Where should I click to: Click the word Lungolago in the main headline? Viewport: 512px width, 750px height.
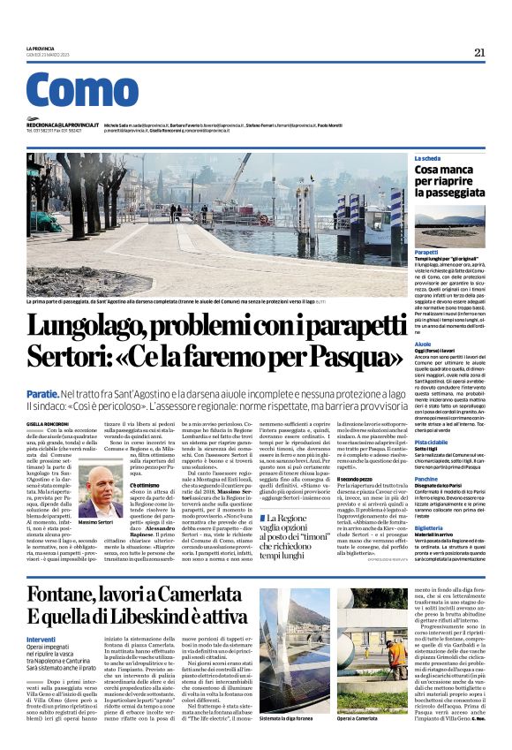[x=102, y=327]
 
